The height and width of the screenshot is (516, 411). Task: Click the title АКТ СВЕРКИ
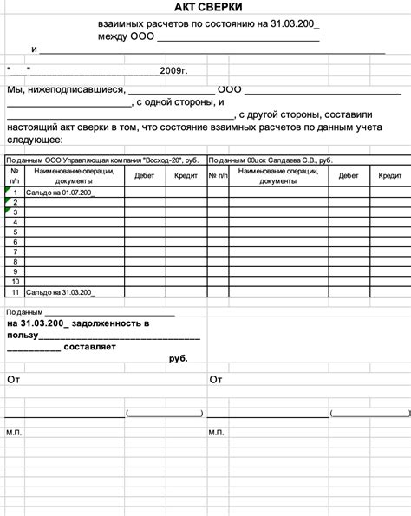(208, 8)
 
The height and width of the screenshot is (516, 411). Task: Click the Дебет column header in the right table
(349, 175)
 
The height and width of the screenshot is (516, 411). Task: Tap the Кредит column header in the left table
(186, 175)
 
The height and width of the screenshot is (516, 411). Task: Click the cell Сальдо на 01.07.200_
(60, 192)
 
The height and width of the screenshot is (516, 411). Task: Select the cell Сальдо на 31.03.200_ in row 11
(60, 292)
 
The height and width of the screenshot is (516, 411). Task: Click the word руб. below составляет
(178, 357)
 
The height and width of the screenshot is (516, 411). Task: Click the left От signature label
(13, 380)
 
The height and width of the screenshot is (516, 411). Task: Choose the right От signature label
(216, 380)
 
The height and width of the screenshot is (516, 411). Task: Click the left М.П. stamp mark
(14, 431)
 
